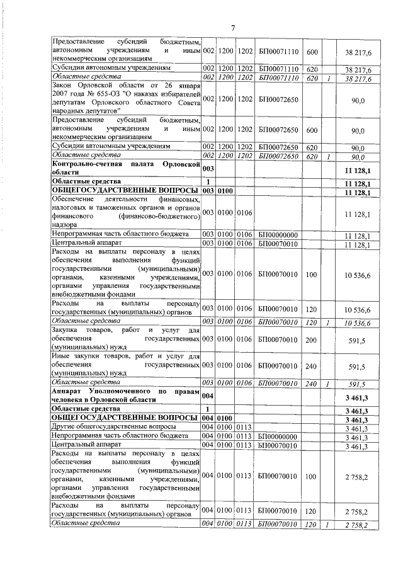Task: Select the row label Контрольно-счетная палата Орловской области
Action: click(x=126, y=168)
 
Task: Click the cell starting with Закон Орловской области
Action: click(x=126, y=98)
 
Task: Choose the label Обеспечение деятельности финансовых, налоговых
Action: click(x=126, y=214)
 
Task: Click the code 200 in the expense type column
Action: click(x=311, y=339)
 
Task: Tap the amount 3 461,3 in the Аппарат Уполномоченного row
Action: click(x=356, y=397)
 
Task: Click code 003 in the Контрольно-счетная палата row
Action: click(x=208, y=169)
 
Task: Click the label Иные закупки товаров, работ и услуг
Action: click(x=126, y=365)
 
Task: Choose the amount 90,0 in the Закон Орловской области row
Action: click(x=358, y=100)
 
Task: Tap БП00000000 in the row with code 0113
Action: click(x=277, y=436)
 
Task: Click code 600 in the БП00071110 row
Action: click(x=311, y=50)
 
